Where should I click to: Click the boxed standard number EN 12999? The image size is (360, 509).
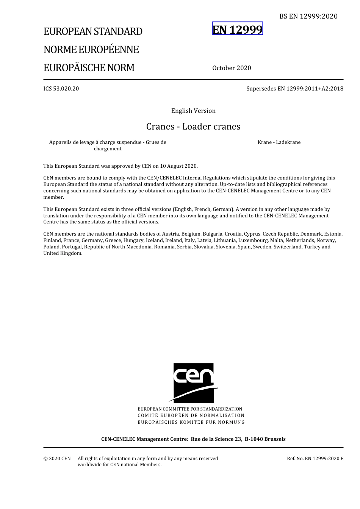point(237,29)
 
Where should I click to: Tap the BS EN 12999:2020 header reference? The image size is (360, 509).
point(308,16)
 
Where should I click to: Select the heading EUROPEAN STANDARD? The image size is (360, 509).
point(93,31)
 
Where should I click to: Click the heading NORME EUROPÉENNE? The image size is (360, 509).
point(91,50)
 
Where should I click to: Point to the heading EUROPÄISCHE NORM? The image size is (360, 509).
point(89,68)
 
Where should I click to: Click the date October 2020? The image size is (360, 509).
point(232,68)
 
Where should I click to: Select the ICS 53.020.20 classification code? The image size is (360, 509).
point(61,89)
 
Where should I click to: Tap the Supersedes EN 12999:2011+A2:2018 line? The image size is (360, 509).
point(295,89)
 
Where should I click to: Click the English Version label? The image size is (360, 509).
point(193,111)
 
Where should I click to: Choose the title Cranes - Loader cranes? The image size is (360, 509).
point(193,126)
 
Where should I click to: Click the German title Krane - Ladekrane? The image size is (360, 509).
point(279,142)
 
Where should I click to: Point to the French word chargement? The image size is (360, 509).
point(108,149)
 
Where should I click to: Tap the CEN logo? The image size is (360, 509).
point(193,383)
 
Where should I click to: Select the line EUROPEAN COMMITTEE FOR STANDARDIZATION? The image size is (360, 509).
point(190,409)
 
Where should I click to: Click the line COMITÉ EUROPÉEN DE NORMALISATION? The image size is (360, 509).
point(191,415)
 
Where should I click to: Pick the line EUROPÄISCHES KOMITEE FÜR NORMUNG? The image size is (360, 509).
point(191,422)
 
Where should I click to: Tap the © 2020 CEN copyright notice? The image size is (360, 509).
point(57,459)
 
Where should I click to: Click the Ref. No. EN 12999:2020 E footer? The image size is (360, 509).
point(315,459)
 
